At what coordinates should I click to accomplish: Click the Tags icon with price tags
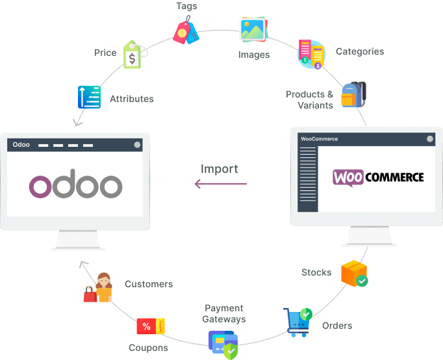[186, 31]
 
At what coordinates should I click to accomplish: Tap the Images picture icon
[253, 29]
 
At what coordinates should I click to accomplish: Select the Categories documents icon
[311, 54]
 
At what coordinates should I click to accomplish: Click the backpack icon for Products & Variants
[353, 95]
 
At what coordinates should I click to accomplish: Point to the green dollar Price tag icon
[133, 56]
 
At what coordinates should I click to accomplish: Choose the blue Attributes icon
[89, 97]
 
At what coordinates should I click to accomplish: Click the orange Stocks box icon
[354, 274]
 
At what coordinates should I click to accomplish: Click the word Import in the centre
[219, 169]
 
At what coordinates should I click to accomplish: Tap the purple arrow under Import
[221, 184]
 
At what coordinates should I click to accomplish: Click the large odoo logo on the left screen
[75, 186]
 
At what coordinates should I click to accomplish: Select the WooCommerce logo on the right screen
[378, 177]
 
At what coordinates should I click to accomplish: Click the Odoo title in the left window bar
[21, 144]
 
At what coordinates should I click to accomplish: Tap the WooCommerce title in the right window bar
[320, 138]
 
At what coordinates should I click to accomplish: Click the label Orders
[337, 326]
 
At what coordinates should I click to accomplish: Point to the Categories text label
[359, 51]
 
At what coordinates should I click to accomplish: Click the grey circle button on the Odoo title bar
[137, 144]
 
